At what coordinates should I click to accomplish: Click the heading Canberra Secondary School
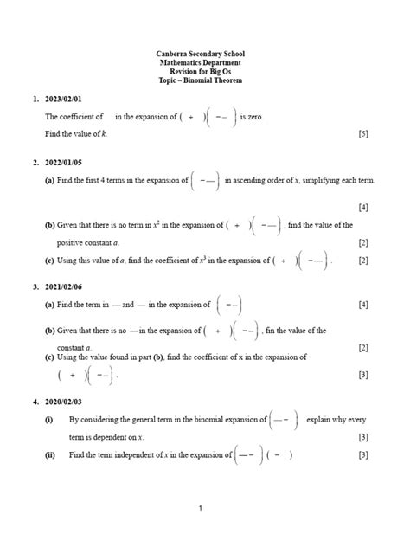(x=205, y=55)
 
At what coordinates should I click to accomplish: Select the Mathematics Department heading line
(x=205, y=64)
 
